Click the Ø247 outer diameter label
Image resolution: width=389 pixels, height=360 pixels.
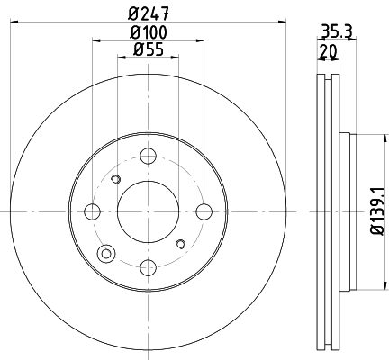point(148,13)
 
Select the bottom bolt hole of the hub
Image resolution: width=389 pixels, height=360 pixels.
point(148,267)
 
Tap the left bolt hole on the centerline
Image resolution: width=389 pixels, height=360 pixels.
point(91,211)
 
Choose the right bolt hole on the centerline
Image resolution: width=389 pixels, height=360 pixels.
point(204,211)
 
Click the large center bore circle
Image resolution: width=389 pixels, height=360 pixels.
point(148,211)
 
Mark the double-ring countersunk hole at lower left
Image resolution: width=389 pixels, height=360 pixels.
point(107,252)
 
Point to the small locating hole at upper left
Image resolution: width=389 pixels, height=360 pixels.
point(114,180)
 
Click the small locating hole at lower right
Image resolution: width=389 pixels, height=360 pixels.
point(181,243)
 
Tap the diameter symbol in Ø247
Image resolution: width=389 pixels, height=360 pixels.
point(133,13)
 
